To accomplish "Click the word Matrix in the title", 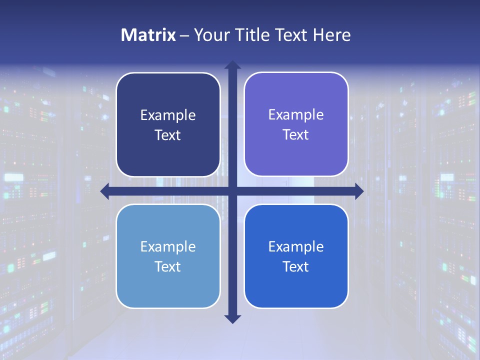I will [x=148, y=35].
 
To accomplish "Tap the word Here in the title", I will [x=332, y=35].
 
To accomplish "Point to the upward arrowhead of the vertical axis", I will [x=232, y=65].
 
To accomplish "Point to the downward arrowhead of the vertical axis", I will [x=232, y=318].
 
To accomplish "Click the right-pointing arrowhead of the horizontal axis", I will [x=358, y=190].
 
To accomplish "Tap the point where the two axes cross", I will [x=232, y=190].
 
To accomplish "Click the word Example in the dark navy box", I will [x=168, y=115].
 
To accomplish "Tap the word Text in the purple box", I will [x=296, y=135].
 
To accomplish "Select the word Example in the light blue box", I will [x=168, y=247].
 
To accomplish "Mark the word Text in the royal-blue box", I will [x=296, y=267].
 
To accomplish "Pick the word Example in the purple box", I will [x=296, y=115].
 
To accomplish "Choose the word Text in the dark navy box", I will [x=168, y=135].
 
